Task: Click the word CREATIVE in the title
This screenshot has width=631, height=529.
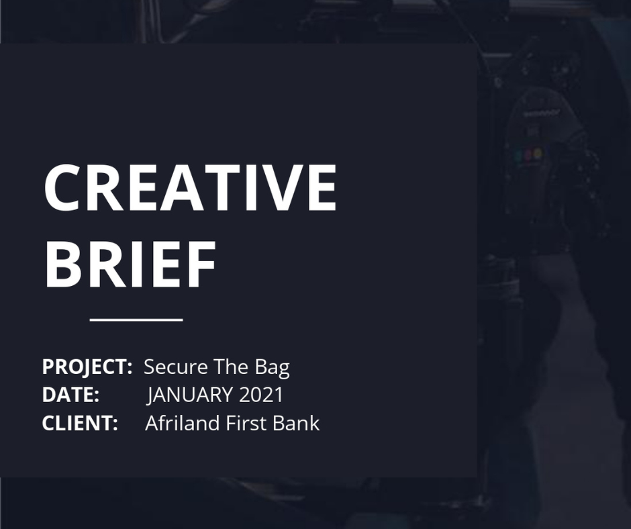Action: coord(189,187)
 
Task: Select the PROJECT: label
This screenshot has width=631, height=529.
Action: coord(87,367)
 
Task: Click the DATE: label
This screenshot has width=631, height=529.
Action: coord(70,395)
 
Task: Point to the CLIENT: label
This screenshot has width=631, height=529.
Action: coord(80,423)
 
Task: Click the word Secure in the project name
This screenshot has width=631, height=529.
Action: coord(176,367)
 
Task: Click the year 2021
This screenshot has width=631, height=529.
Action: coord(262,395)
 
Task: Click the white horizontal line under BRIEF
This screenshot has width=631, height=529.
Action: coord(136,320)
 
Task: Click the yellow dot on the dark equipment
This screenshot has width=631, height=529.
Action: coord(538,153)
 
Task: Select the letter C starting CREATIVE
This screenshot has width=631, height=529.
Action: coord(61,187)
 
